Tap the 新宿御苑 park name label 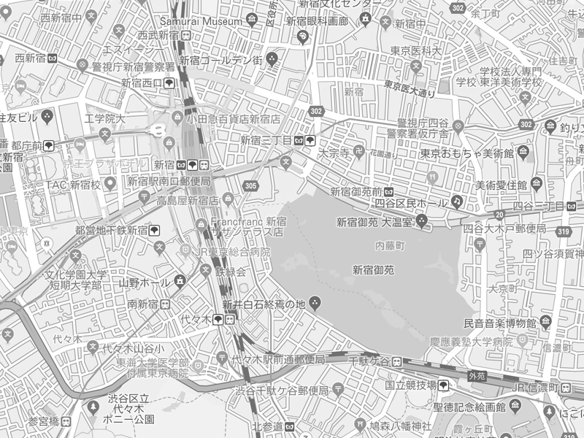(373, 269)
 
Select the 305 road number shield (251, 186)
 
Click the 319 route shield (562, 231)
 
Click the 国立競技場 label (411, 385)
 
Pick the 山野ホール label (145, 282)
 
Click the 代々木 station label (197, 320)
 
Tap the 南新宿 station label (144, 304)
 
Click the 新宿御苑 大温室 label (374, 221)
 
